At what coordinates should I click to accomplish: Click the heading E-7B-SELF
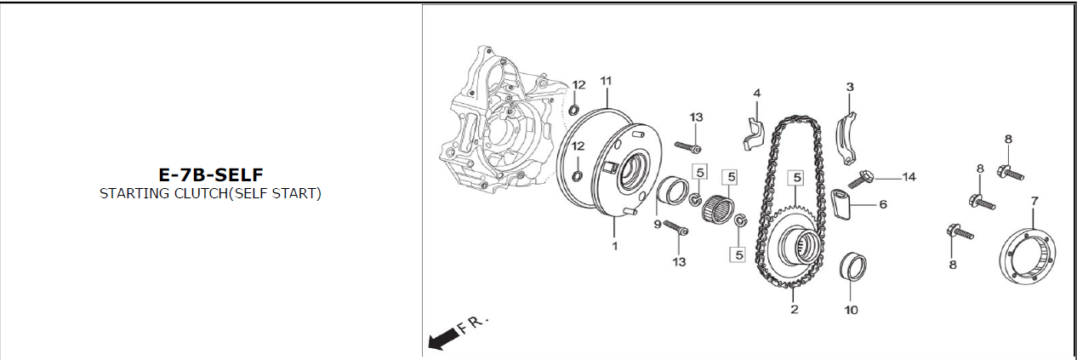click(x=211, y=174)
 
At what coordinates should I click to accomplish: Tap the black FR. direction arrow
click(x=443, y=338)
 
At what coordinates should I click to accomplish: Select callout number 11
click(x=606, y=81)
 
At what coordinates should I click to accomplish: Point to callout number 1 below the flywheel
click(x=614, y=246)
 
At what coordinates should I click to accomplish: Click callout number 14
click(x=909, y=177)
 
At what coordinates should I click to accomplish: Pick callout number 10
click(x=851, y=310)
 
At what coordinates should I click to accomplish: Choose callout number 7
click(x=1034, y=201)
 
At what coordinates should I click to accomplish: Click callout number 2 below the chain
click(x=795, y=309)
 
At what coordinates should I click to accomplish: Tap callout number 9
click(x=658, y=225)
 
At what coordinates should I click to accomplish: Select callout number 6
click(x=883, y=204)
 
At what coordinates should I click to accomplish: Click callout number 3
click(x=850, y=87)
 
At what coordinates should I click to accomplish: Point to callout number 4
click(x=757, y=93)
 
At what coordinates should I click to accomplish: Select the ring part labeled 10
click(x=852, y=266)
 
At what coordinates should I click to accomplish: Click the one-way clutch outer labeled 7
click(x=1028, y=255)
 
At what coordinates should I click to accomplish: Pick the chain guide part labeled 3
click(x=846, y=139)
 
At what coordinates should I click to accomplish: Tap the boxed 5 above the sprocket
click(x=797, y=178)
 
